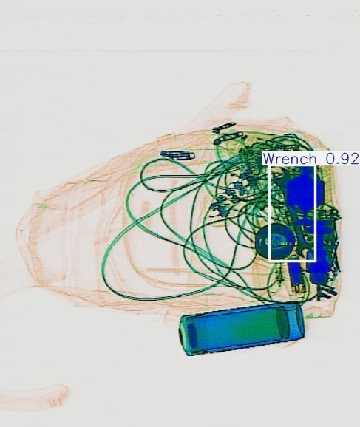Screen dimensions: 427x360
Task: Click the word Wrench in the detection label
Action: click(289, 159)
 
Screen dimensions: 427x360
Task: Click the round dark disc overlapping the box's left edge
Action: click(274, 242)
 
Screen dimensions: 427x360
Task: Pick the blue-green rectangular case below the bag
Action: click(242, 329)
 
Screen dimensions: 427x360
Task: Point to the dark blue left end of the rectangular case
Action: click(191, 335)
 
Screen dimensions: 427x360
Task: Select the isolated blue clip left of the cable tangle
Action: click(175, 155)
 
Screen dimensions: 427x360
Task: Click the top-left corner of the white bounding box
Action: click(271, 165)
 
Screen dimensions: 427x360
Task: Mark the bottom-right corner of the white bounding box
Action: click(316, 260)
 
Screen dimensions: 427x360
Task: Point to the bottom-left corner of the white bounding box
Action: click(271, 260)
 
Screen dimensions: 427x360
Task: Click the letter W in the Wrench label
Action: click(268, 159)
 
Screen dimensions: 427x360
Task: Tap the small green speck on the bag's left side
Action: click(42, 208)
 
